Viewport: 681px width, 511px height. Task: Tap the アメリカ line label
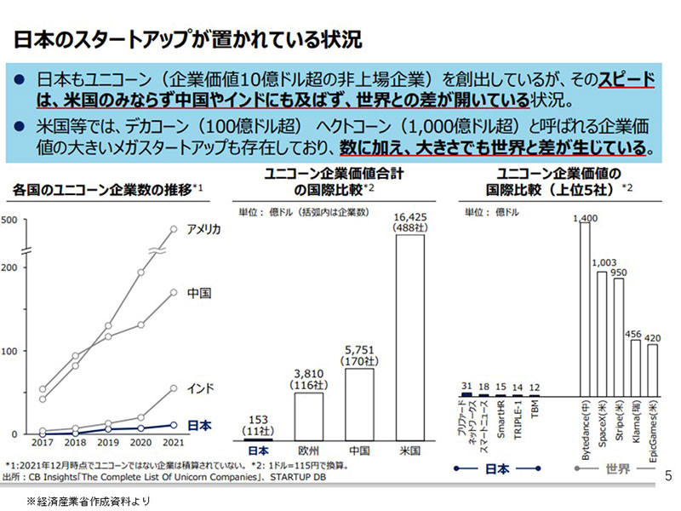coord(204,229)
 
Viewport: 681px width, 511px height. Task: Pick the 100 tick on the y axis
coord(11,351)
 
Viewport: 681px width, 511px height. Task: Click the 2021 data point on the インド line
coord(174,388)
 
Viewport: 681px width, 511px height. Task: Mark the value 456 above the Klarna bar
coord(634,333)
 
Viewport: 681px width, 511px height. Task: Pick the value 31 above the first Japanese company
coord(466,386)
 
